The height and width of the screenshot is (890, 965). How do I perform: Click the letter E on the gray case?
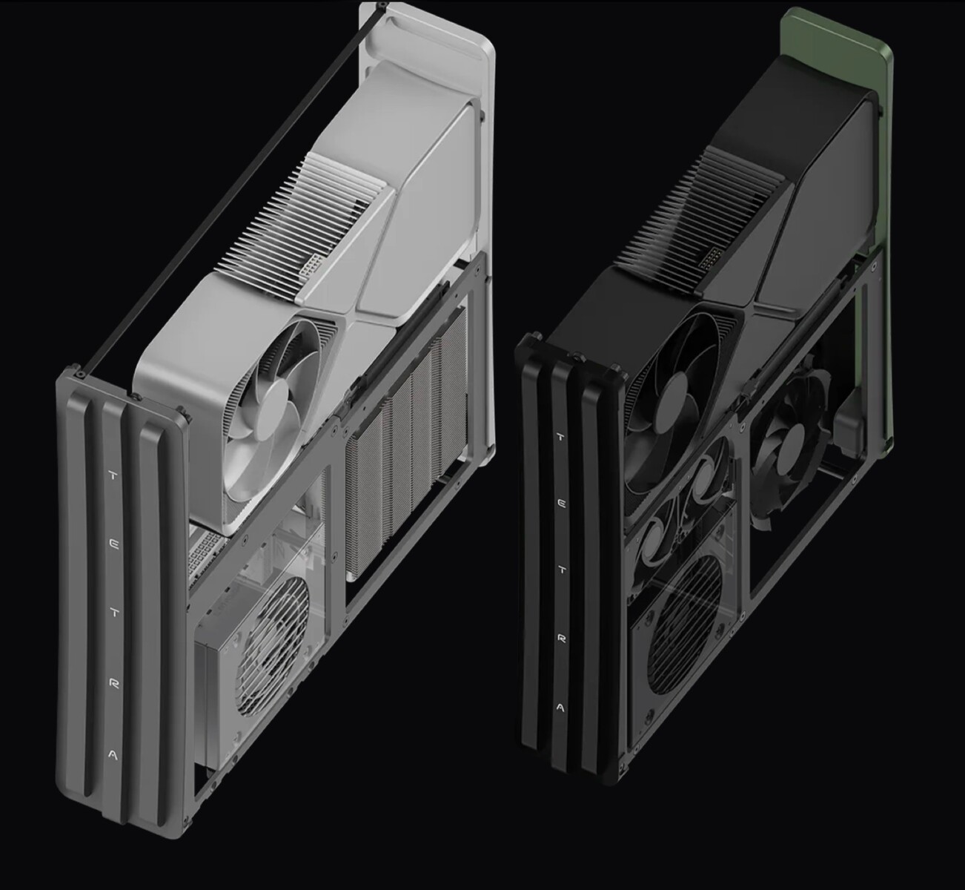click(x=113, y=544)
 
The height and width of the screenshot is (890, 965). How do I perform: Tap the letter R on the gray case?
click(x=114, y=684)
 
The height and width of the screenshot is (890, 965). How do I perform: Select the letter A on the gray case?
click(x=113, y=755)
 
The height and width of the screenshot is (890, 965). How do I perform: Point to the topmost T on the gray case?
click(x=113, y=476)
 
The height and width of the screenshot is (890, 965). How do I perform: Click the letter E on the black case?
click(x=561, y=504)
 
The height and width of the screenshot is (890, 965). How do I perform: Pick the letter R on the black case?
click(x=561, y=639)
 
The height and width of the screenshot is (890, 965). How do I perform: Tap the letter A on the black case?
click(x=560, y=708)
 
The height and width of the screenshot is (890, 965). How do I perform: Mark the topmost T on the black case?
click(x=560, y=437)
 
